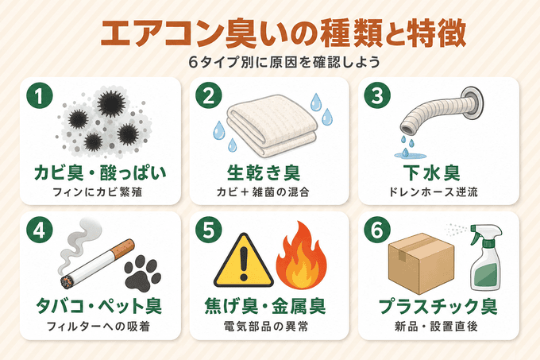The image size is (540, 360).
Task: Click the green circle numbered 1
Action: click(40, 96)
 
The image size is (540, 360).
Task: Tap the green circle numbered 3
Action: click(377, 95)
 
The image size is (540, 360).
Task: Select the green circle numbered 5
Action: click(208, 230)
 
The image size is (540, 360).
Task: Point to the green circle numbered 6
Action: click(377, 230)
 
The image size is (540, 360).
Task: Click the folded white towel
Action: click(272, 126)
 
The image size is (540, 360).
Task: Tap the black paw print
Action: click(142, 273)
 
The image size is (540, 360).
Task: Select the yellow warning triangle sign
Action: click(244, 261)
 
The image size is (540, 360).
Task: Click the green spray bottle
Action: click(485, 257)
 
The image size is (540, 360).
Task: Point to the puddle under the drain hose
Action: click(410, 156)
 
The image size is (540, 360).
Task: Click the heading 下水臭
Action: click(432, 173)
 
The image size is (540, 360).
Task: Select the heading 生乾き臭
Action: click(264, 173)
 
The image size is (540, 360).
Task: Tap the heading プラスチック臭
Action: click(438, 306)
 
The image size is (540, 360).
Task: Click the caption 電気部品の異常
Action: click(265, 327)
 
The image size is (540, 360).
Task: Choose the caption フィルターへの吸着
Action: click(98, 327)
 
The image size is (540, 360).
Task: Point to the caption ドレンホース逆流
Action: click(434, 192)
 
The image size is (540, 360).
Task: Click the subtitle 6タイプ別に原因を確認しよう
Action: click(284, 62)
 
